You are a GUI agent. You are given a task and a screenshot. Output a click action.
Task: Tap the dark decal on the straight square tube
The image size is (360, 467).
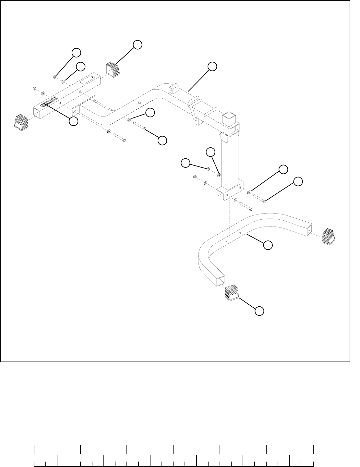pos(49,102)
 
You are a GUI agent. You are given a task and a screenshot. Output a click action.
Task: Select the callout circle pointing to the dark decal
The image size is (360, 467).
pos(74,121)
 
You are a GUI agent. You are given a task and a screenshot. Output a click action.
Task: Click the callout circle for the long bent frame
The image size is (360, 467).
pos(212,66)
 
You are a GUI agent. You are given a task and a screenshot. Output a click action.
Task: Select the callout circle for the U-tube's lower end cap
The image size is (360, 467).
pos(258,311)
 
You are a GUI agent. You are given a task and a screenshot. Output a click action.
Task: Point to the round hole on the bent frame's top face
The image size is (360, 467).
pos(139,103)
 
